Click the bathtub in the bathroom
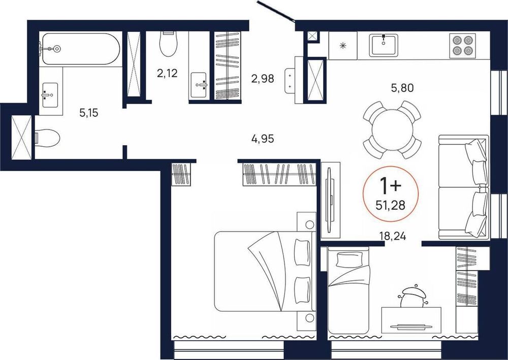[81, 49]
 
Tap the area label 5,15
[89, 113]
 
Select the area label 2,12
[167, 74]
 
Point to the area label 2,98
[263, 78]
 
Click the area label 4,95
[263, 139]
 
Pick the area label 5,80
[402, 88]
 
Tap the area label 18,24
[393, 236]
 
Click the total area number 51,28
[390, 205]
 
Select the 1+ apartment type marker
[390, 185]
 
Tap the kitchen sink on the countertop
[384, 45]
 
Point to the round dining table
[392, 130]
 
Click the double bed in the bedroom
[264, 271]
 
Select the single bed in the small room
[348, 290]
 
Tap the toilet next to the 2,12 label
[169, 44]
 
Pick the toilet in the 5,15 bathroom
[47, 139]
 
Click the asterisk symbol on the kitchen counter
[342, 46]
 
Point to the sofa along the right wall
[463, 187]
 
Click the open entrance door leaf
[276, 12]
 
